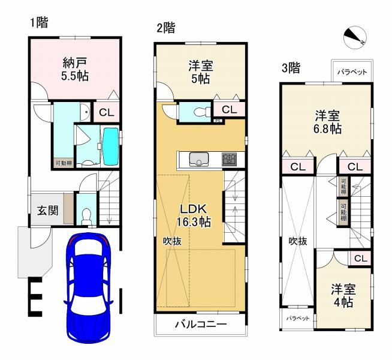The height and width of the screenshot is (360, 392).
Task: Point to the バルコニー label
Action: [x=200, y=325]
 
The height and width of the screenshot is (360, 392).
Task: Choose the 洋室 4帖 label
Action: [x=343, y=296]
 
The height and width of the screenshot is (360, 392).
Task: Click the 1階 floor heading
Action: [x=40, y=23]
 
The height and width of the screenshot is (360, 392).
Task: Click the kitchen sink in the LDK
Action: [x=198, y=159]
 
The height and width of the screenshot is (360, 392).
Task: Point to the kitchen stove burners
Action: [x=230, y=159]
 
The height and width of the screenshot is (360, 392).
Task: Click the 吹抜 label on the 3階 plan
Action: [x=298, y=241]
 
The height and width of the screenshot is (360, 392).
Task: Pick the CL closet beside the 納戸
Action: [x=104, y=112]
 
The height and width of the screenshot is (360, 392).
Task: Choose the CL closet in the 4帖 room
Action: [x=360, y=259]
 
